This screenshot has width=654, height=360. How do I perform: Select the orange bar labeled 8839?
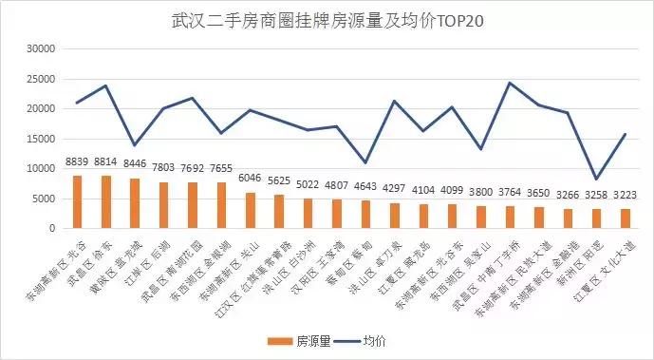tap(78, 201)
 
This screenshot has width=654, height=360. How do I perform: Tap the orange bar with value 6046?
tap(251, 210)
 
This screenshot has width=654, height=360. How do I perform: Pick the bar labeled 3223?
tap(625, 218)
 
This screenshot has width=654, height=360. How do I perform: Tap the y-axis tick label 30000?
tap(41, 48)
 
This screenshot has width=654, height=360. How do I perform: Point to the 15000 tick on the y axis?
tap(41, 139)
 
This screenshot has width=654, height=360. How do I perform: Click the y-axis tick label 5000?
tap(44, 199)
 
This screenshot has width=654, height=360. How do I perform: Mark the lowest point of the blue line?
tap(596, 179)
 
